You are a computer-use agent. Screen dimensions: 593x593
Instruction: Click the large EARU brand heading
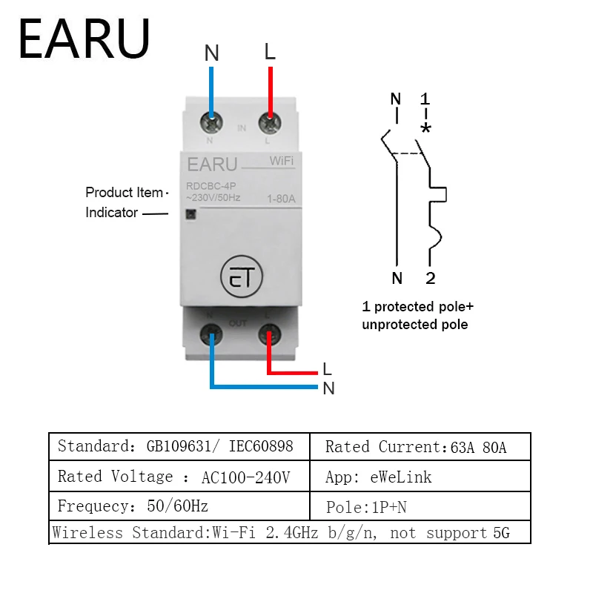84,39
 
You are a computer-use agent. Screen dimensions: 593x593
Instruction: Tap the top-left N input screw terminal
212,122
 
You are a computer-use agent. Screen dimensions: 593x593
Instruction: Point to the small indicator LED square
188,214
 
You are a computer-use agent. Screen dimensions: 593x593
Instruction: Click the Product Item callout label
124,193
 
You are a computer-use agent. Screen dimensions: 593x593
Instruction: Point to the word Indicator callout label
112,213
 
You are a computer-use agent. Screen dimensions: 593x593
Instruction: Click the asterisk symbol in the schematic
425,127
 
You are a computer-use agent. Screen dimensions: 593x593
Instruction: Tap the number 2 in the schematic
430,279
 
